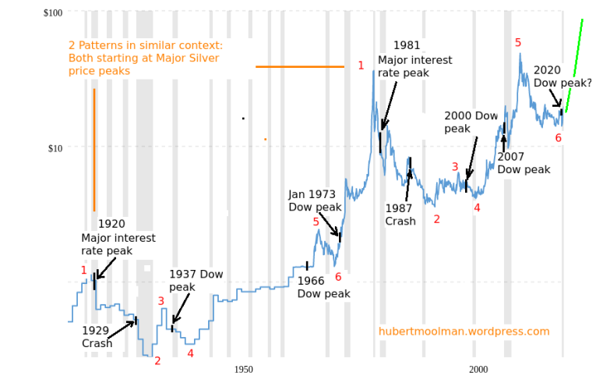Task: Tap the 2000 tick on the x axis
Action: pos(478,368)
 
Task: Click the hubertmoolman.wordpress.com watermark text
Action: pos(464,332)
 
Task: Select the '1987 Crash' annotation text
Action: pos(400,215)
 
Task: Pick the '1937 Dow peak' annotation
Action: pos(196,281)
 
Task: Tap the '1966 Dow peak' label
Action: pos(323,287)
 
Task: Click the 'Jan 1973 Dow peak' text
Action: pos(315,201)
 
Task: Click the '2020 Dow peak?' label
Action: pos(562,76)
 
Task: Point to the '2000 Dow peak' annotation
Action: pos(471,122)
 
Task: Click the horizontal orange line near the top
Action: pos(300,67)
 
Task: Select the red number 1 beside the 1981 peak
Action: pos(361,66)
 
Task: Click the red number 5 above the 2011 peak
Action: pos(518,42)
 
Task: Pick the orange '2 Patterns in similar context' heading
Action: pos(145,59)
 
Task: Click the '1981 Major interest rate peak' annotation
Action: pos(414,59)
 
